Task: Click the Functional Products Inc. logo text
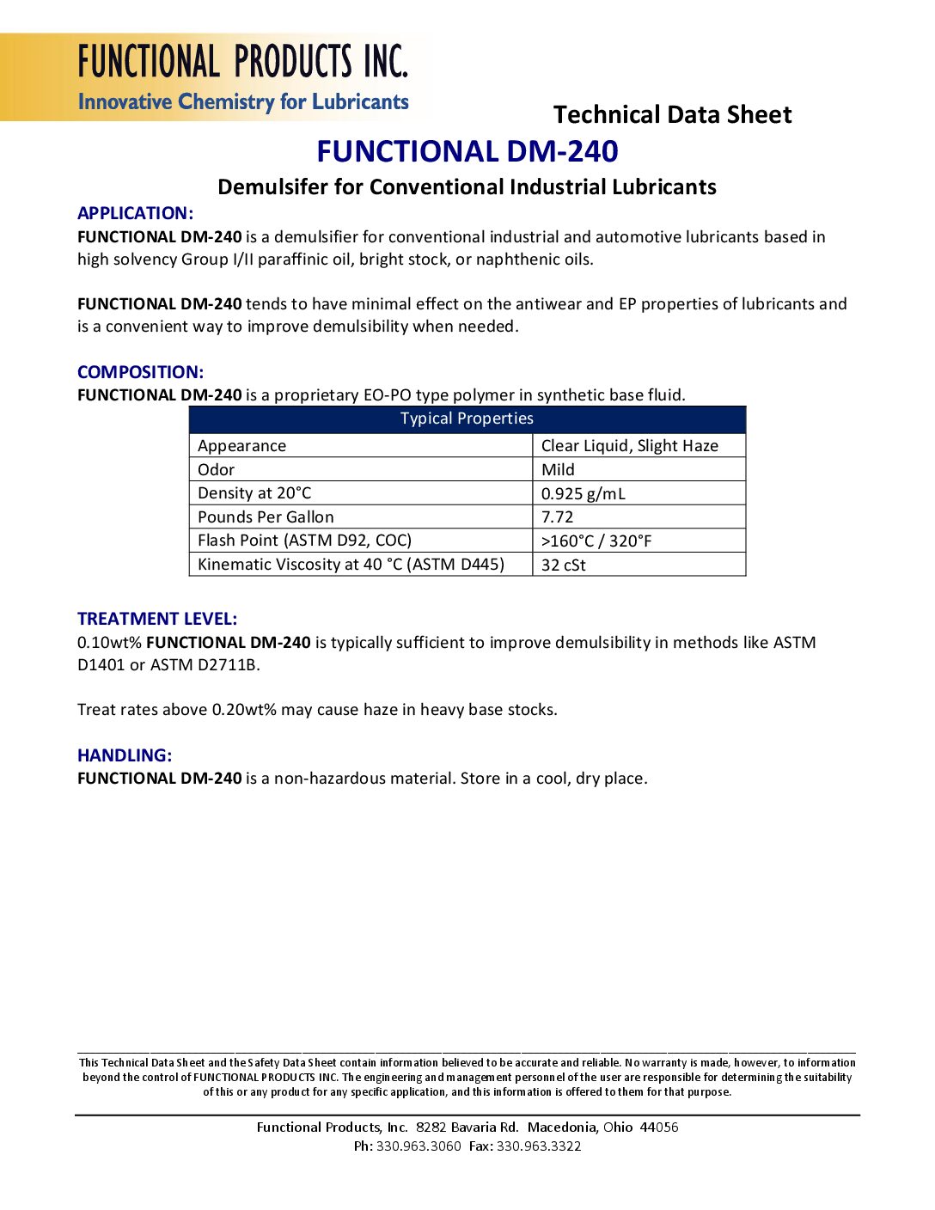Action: (x=243, y=62)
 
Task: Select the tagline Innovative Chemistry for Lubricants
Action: (x=243, y=102)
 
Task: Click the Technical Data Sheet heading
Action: (x=672, y=115)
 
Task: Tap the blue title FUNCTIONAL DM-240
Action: (x=467, y=151)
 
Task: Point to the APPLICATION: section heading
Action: (x=135, y=213)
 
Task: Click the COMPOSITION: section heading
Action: (x=140, y=372)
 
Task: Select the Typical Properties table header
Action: (x=467, y=419)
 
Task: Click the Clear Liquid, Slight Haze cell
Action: (x=629, y=445)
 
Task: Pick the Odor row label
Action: (x=216, y=469)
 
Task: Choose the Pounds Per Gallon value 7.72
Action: (x=557, y=516)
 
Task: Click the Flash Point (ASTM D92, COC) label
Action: (x=304, y=541)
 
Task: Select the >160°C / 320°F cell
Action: (x=596, y=541)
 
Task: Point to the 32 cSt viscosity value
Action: (x=563, y=565)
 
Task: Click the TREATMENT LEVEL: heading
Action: (x=157, y=619)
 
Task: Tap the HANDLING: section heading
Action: (x=125, y=755)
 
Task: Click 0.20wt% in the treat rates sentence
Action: (x=244, y=710)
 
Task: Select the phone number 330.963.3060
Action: (x=419, y=1146)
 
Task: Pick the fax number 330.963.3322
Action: (x=539, y=1146)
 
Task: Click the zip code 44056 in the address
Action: (x=658, y=1127)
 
